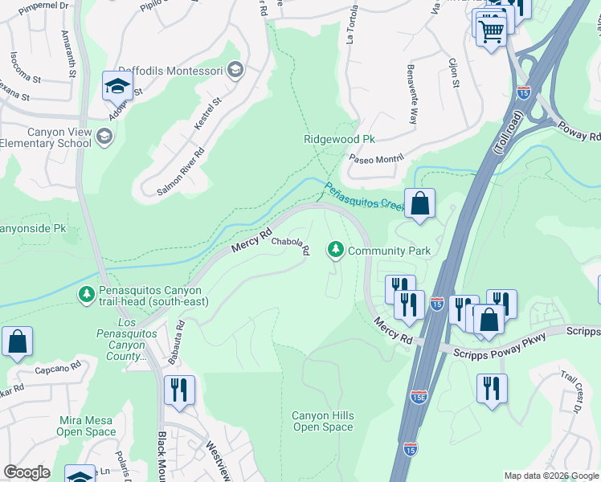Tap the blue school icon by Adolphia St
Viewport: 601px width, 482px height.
click(x=117, y=85)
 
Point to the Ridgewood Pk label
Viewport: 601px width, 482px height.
click(x=339, y=139)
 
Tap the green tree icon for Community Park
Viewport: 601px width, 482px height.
click(x=335, y=251)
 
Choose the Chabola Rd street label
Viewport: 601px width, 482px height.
click(x=290, y=245)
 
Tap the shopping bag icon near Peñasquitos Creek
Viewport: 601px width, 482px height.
click(x=419, y=203)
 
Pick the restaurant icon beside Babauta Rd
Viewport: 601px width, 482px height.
click(x=179, y=390)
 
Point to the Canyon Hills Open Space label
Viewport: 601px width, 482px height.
click(x=322, y=421)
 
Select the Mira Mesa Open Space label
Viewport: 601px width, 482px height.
click(x=88, y=426)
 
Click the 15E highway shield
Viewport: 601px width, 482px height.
click(x=418, y=397)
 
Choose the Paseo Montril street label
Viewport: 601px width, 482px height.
click(x=374, y=157)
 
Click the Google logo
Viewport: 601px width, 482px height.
click(x=27, y=472)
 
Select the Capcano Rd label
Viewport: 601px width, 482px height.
click(x=57, y=370)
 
